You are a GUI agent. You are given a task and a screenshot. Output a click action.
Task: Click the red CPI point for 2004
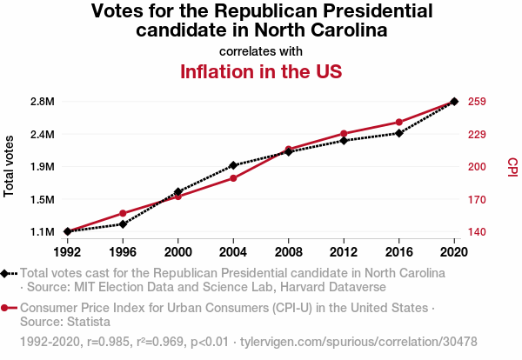coord(233,178)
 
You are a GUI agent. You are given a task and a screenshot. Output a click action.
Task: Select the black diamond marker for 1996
coord(123,224)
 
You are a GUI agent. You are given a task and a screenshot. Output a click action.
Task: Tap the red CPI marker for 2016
coord(399,123)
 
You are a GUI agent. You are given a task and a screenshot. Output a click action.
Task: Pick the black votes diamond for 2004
coord(233,165)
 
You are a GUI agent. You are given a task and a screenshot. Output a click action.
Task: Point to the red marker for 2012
coord(344,134)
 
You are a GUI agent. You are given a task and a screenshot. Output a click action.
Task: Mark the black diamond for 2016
coord(399,133)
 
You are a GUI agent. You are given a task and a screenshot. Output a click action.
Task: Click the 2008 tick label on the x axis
coord(289,252)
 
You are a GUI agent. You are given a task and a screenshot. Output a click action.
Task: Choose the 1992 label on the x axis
coord(67,252)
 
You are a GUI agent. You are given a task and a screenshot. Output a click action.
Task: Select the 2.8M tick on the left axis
coord(42,102)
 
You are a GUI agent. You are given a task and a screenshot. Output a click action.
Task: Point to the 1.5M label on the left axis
coord(42,200)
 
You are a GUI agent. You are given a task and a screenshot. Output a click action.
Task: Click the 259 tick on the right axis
coord(477,102)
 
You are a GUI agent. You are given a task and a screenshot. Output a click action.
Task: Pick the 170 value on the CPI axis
coord(477,200)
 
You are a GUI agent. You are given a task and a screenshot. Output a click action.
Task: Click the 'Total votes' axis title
coord(10,166)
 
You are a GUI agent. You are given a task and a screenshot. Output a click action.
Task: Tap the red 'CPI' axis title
coord(512,166)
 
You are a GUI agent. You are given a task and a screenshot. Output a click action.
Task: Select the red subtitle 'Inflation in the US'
coord(260,71)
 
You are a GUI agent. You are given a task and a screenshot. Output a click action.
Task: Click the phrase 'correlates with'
coord(261,50)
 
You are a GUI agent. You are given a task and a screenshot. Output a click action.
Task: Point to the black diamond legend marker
coord(6,273)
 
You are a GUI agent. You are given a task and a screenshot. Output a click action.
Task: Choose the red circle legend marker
coord(6,308)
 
